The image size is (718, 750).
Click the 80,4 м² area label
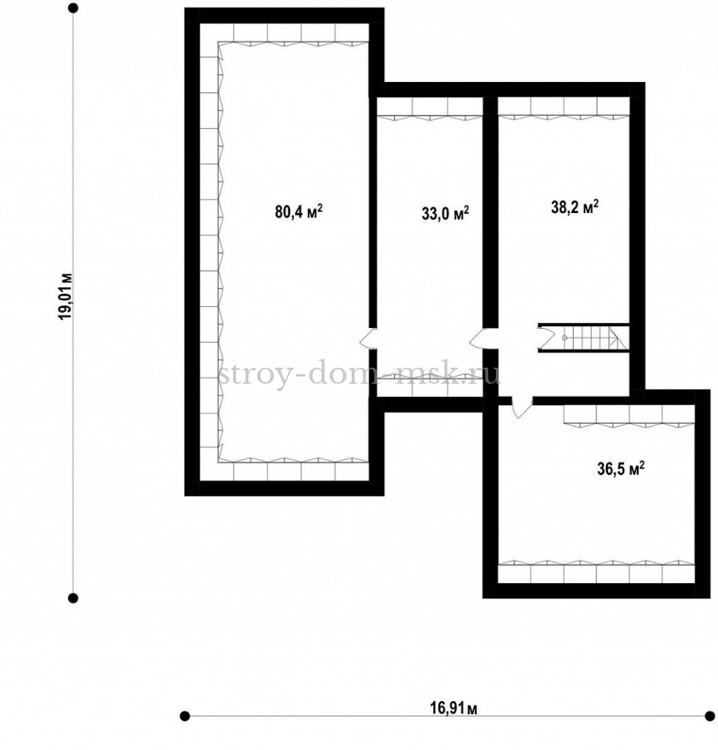[x=298, y=211]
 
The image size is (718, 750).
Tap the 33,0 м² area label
[x=445, y=213]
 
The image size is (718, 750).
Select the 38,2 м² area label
[x=575, y=207]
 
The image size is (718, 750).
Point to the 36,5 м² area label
[x=621, y=468]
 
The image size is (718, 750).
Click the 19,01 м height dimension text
[x=65, y=297]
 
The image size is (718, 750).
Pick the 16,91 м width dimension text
[x=454, y=708]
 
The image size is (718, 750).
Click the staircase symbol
[x=583, y=338]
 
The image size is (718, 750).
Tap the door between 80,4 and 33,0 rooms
[x=369, y=338]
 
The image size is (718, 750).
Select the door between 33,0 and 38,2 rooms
[x=479, y=338]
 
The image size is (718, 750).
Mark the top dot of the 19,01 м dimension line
[x=73, y=8]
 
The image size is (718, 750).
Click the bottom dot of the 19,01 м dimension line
[x=73, y=598]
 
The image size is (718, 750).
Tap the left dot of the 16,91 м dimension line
[x=185, y=716]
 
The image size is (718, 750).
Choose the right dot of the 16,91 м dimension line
[x=710, y=716]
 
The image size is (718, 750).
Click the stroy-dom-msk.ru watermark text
[x=359, y=373]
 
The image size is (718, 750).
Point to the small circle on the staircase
[x=564, y=338]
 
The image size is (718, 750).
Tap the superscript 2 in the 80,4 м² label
[x=319, y=207]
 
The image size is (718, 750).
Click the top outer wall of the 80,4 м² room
[x=284, y=15]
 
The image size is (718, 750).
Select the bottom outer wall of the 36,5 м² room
[x=596, y=591]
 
